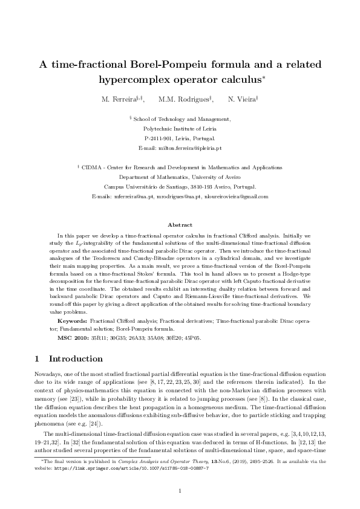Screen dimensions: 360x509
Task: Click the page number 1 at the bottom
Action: click(180, 491)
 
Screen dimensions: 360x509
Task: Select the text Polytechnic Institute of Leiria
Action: click(180, 129)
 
